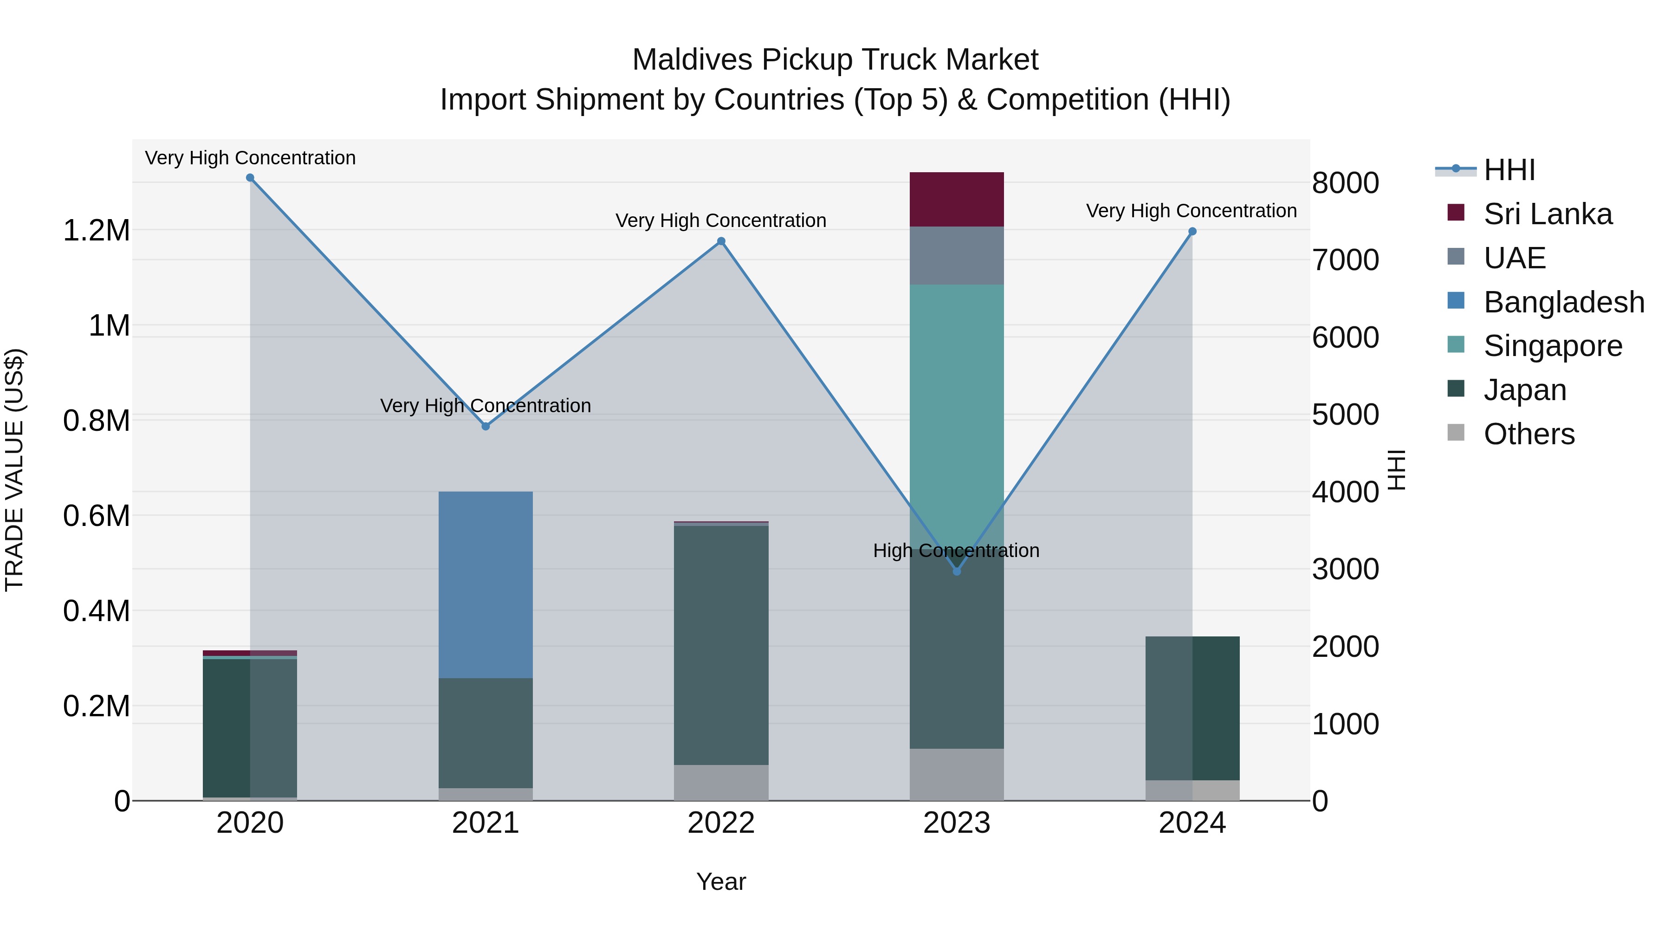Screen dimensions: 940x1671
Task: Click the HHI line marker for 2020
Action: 250,178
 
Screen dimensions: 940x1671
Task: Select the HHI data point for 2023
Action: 956,571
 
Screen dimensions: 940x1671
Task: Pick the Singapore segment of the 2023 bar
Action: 956,389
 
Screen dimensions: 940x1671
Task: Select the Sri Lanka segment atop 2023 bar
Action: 956,199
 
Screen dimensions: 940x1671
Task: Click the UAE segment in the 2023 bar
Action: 956,256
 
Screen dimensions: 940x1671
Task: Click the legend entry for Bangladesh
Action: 1563,302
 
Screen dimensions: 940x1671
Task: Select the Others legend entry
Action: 1529,434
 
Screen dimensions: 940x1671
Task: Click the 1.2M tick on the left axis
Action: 96,231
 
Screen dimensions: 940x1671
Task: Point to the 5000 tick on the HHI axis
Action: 1345,415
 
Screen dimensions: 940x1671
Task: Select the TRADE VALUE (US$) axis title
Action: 14,470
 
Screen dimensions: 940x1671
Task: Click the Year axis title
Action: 721,882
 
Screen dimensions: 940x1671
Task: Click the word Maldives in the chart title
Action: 692,60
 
